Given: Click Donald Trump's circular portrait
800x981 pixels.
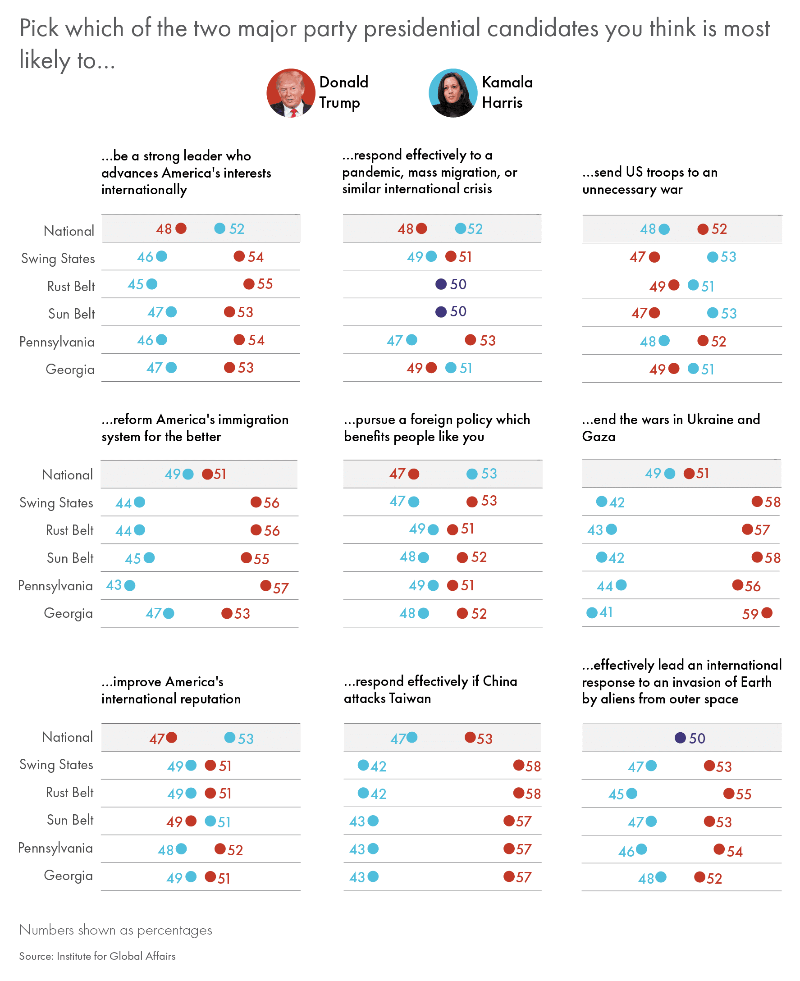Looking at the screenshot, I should [290, 93].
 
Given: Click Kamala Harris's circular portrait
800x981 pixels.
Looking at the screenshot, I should [453, 93].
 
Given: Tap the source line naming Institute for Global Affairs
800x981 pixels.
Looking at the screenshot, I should [97, 956].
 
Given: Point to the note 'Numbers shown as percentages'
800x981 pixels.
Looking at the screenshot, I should [116, 930].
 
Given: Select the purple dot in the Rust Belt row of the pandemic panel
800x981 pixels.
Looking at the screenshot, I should [440, 284].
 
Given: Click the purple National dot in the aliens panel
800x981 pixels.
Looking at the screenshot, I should [680, 738].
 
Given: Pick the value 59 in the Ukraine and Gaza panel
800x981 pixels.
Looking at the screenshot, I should [750, 614].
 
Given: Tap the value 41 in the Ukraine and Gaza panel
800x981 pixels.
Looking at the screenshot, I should [606, 612].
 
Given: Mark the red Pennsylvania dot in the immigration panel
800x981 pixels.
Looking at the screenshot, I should [265, 586].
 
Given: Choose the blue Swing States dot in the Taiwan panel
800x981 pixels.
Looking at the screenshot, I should [363, 765].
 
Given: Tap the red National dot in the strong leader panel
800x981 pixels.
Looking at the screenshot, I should [181, 228].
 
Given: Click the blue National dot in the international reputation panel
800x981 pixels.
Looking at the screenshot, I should [229, 738].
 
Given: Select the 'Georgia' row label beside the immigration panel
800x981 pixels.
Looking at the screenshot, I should [68, 613].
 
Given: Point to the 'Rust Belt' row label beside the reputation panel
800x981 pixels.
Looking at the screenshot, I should [69, 793].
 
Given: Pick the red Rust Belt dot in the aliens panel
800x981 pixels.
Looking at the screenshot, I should [729, 793].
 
